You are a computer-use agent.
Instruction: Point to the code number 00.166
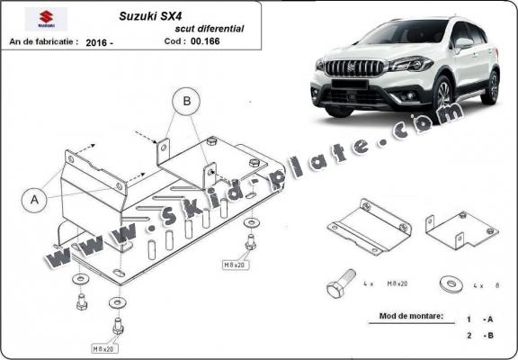(215, 42)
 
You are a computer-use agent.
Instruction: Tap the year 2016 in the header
(102, 42)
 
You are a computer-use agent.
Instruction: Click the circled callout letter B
(187, 103)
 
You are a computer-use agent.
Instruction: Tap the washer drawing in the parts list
(448, 283)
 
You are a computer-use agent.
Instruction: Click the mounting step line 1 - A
(478, 319)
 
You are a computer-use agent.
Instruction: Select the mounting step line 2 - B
(478, 336)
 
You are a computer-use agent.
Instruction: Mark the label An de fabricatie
(42, 42)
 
